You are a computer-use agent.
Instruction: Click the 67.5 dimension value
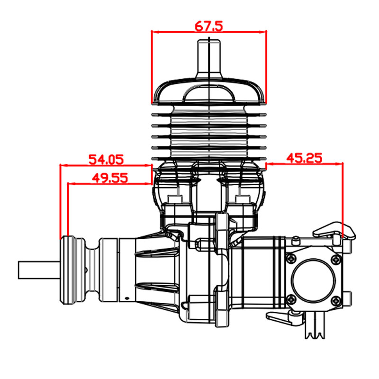point(209,26)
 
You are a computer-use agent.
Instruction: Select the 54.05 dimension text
point(106,160)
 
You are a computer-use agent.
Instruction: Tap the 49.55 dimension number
point(110,179)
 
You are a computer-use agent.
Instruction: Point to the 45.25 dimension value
point(304,158)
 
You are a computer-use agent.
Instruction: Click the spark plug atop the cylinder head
point(209,59)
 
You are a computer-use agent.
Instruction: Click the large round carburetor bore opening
point(314,280)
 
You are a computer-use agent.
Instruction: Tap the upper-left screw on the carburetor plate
point(291,259)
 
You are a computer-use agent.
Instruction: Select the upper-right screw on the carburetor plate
point(336,259)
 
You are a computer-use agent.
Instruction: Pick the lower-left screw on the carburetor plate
point(292,300)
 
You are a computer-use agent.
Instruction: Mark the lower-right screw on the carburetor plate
point(336,301)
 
